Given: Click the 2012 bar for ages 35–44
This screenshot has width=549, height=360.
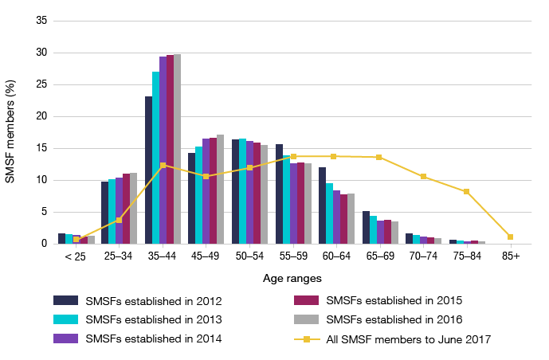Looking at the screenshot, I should (x=149, y=170).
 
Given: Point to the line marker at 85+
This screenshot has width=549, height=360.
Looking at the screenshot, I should (x=511, y=237).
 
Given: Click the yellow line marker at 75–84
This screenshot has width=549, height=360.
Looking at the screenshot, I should (x=467, y=191).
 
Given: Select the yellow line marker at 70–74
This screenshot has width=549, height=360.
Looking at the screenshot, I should (x=424, y=176).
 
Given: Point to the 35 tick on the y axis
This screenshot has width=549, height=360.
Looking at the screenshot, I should (x=41, y=21).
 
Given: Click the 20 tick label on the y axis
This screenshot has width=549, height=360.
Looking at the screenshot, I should (x=41, y=116).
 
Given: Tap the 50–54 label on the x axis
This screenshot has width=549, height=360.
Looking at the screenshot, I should (x=249, y=257).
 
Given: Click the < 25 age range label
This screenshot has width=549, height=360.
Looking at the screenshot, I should (x=76, y=257).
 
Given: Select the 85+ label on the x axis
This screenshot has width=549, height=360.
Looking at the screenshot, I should (x=511, y=257).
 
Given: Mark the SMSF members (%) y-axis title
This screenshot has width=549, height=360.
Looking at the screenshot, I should (x=10, y=132).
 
